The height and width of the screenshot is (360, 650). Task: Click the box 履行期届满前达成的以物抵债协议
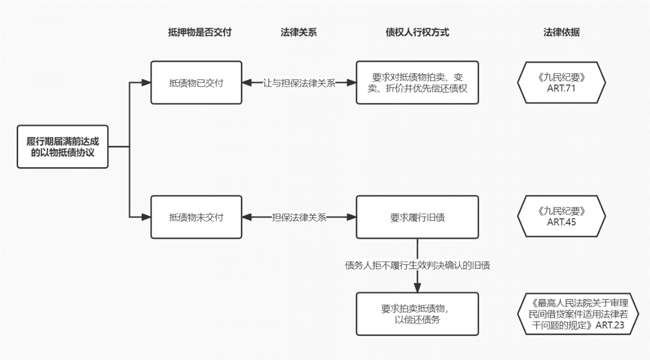point(62,146)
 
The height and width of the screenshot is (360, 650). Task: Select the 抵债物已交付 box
point(196,82)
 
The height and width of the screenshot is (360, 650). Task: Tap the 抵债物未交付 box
point(196,217)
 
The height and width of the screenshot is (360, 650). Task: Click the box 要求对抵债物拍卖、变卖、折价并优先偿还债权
point(417,82)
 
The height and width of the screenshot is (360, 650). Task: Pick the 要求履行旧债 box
point(417,217)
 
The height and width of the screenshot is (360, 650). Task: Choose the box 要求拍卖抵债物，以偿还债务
point(417,314)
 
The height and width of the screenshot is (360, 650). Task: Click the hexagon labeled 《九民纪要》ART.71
point(562,82)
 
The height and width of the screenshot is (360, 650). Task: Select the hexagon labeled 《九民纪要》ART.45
point(562,217)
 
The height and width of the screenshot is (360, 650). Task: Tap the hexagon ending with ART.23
point(576,314)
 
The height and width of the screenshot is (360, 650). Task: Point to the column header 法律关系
point(298,32)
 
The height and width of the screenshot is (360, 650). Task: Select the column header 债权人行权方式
point(417,32)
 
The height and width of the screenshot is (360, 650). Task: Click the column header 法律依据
point(562,32)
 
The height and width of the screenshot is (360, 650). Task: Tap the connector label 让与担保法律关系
point(299,83)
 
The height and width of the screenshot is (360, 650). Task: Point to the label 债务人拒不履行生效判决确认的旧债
point(418,266)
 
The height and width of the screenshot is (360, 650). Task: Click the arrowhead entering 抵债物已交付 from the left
point(146,82)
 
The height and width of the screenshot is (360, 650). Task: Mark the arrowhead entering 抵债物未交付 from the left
point(146,217)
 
